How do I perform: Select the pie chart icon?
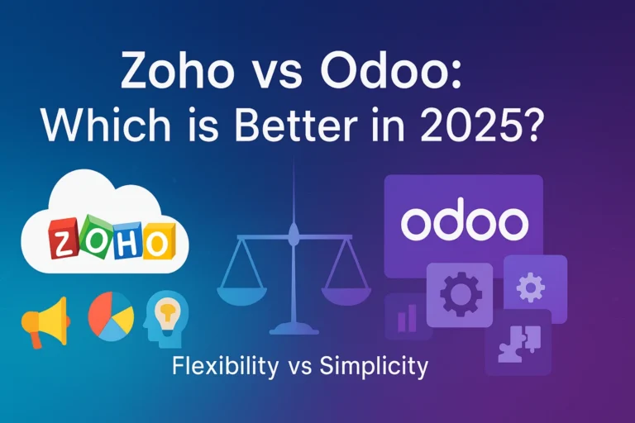109,314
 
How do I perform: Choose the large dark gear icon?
460,294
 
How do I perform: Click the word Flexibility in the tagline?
225,366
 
